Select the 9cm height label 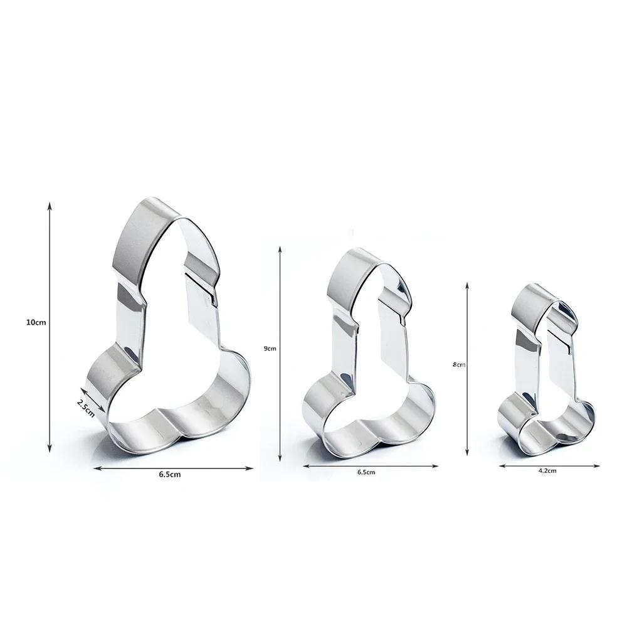(270, 348)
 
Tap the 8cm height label (458, 364)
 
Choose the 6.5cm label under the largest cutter (170, 475)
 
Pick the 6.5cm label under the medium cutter (366, 472)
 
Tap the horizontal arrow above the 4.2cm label (550, 466)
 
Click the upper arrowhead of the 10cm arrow (49, 205)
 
